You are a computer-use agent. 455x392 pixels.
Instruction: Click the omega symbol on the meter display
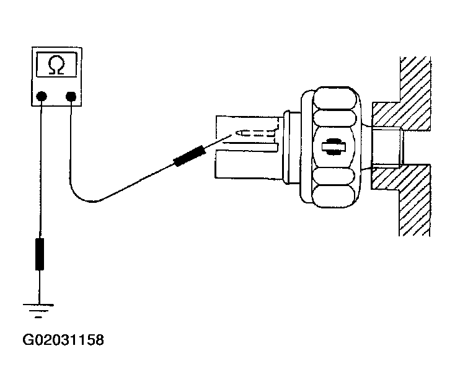[56, 65]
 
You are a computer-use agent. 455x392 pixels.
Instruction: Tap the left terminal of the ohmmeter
[42, 96]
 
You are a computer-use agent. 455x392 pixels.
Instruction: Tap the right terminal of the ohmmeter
[71, 96]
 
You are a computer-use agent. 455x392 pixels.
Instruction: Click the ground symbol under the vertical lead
[38, 311]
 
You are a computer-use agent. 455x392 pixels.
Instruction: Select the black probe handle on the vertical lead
[40, 254]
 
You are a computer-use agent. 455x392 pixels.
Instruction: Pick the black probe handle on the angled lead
[190, 156]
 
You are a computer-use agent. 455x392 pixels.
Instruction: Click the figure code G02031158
[63, 340]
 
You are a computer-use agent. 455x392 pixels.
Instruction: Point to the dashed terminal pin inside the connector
[255, 133]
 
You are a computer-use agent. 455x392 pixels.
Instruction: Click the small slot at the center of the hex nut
[334, 146]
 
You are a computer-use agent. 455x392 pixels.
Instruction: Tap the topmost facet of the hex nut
[335, 99]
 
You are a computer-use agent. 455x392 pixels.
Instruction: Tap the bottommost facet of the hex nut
[334, 196]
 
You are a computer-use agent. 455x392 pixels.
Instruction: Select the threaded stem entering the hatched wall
[387, 147]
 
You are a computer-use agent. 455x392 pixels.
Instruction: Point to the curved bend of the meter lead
[84, 197]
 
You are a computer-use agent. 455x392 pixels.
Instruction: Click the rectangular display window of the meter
[56, 65]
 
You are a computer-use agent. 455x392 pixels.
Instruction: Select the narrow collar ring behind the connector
[286, 147]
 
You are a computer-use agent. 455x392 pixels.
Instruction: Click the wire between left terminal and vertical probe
[41, 169]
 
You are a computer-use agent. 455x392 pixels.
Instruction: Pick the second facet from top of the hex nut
[335, 118]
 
